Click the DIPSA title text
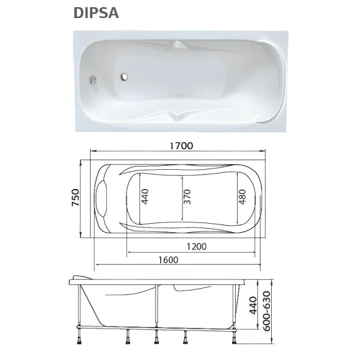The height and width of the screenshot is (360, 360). click(x=96, y=13)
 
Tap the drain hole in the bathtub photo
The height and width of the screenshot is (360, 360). click(x=125, y=77)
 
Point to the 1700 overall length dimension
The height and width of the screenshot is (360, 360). click(x=180, y=144)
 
